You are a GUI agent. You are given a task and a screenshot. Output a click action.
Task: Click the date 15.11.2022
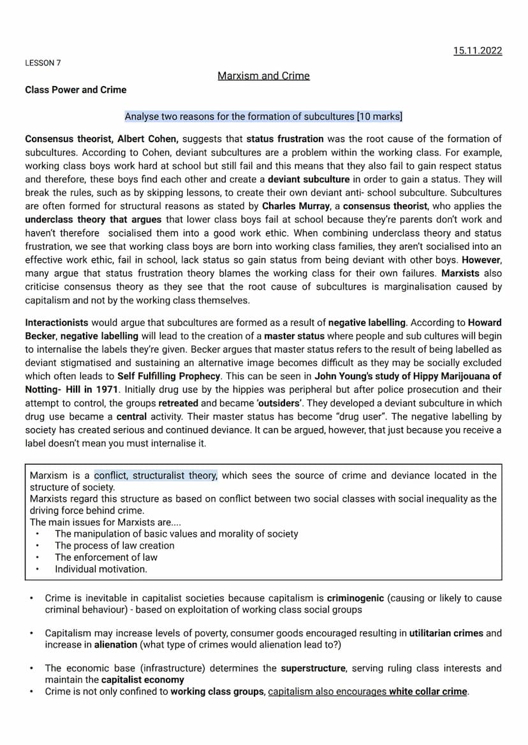(x=478, y=50)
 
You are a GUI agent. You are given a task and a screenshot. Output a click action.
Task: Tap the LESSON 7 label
(x=43, y=63)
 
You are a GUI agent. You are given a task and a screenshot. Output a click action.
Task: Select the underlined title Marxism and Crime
(x=263, y=76)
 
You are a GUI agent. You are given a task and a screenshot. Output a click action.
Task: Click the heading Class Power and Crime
(x=75, y=90)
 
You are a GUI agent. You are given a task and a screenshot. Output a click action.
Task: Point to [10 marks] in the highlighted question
(x=379, y=117)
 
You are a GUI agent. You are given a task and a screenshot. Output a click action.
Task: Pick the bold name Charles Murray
(x=295, y=206)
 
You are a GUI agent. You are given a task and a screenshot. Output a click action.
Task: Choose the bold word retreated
(x=178, y=403)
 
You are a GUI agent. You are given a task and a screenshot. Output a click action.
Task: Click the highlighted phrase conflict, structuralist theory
(x=156, y=475)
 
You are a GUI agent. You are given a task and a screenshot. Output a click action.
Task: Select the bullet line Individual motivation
(x=101, y=569)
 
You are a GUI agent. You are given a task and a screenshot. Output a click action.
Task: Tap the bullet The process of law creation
(x=114, y=546)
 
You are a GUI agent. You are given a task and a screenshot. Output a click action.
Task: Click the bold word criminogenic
(x=355, y=598)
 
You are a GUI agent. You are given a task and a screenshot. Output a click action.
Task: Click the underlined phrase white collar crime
(x=428, y=691)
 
